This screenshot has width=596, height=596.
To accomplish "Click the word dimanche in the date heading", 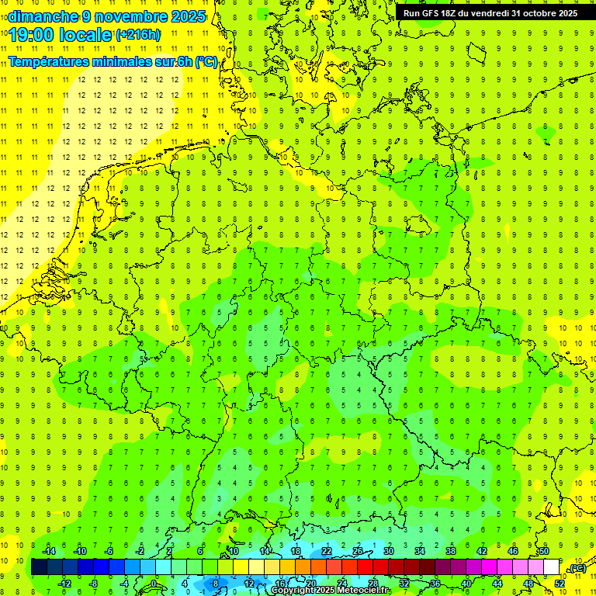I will click(42, 16).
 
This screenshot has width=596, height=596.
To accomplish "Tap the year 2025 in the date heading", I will click(187, 16).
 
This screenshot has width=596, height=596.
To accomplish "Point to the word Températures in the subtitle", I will click(52, 62).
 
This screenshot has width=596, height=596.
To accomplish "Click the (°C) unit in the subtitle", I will click(206, 62).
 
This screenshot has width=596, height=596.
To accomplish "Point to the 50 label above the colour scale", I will click(544, 551).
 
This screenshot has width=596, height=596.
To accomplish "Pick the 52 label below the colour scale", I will click(559, 584).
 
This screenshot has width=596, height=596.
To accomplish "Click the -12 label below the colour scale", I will click(64, 584).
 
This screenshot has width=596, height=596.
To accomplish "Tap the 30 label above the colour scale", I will click(389, 551).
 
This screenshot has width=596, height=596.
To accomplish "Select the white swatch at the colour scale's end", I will click(551, 567).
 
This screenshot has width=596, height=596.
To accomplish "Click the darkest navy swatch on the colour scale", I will click(39, 567).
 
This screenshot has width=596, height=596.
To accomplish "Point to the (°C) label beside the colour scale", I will click(577, 568).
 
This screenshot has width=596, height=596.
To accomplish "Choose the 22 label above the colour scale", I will click(327, 551).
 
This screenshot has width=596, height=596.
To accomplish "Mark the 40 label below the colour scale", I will click(466, 584).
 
